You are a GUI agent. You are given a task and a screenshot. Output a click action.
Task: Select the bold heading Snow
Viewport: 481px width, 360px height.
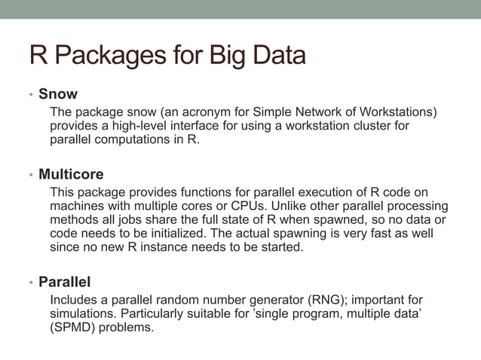click(x=57, y=94)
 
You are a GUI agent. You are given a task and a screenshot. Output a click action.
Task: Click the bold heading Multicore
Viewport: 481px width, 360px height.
click(x=71, y=175)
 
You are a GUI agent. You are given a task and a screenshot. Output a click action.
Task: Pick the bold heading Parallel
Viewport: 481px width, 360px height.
click(x=64, y=282)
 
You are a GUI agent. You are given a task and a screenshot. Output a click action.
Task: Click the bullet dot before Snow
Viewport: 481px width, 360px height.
click(x=31, y=96)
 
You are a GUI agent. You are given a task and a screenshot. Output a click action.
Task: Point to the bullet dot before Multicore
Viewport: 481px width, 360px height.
click(x=31, y=175)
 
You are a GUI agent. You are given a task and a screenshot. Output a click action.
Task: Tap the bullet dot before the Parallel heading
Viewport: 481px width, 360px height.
click(x=31, y=283)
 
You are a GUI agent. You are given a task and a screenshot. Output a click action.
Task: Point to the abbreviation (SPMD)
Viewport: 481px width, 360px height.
click(x=72, y=328)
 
